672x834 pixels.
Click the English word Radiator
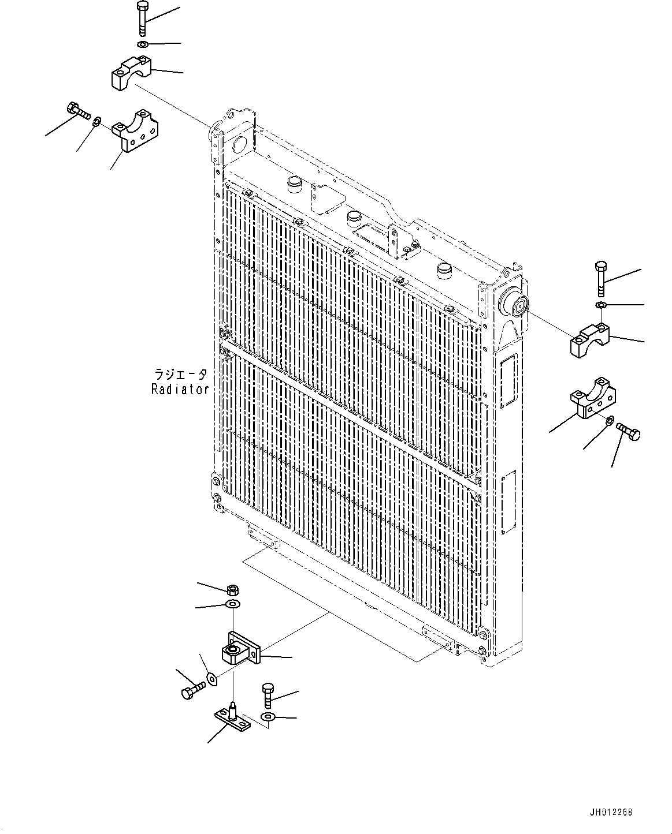[180, 389]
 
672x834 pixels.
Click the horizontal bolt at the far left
[76, 111]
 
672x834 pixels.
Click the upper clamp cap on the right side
[592, 340]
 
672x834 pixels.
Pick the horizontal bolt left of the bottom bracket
[193, 690]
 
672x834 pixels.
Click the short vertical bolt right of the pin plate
[268, 695]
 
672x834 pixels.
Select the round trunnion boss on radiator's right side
[513, 303]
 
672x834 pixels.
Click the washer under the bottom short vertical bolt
[268, 716]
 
